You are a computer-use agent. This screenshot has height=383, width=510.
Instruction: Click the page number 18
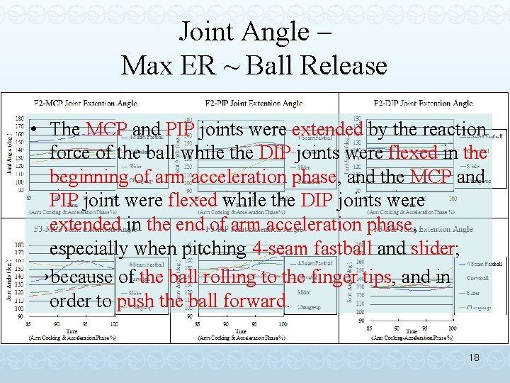[x=474, y=358]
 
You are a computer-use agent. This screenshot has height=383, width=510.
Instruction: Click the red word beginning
[x=89, y=177]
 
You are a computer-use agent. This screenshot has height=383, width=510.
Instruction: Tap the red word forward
[x=253, y=301]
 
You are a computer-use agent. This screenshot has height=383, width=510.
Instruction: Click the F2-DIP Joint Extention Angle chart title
[x=423, y=104]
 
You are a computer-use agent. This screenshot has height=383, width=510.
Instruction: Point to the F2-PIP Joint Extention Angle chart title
[x=254, y=104]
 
